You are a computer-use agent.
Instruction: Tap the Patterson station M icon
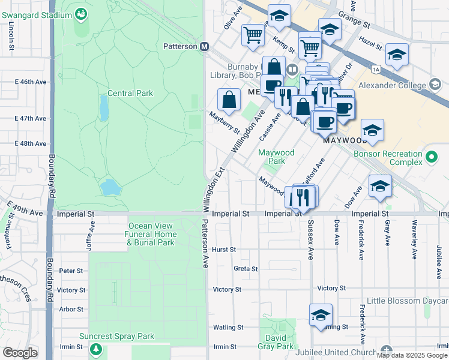pyautogui.click(x=204, y=46)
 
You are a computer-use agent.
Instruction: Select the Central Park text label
pyautogui.click(x=130, y=93)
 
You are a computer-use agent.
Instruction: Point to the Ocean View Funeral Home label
pyautogui.click(x=152, y=234)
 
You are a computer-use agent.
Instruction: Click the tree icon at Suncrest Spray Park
pyautogui.click(x=95, y=348)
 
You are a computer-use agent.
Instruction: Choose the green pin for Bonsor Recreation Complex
pyautogui.click(x=430, y=158)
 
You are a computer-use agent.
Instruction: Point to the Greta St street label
pyautogui.click(x=246, y=269)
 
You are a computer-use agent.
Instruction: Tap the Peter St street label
pyautogui.click(x=71, y=271)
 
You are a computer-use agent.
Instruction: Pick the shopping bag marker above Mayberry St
pyautogui.click(x=229, y=100)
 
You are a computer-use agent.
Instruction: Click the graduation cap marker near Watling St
pyautogui.click(x=321, y=315)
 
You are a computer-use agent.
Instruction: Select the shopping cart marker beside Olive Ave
pyautogui.click(x=253, y=35)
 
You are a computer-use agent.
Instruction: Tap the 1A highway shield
pyautogui.click(x=376, y=70)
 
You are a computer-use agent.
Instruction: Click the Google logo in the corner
pyautogui.click(x=20, y=353)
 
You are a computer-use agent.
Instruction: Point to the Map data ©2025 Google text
pyautogui.click(x=412, y=355)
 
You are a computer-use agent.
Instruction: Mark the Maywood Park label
pyautogui.click(x=276, y=157)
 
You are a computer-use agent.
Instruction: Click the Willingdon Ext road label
pyautogui.click(x=213, y=190)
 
